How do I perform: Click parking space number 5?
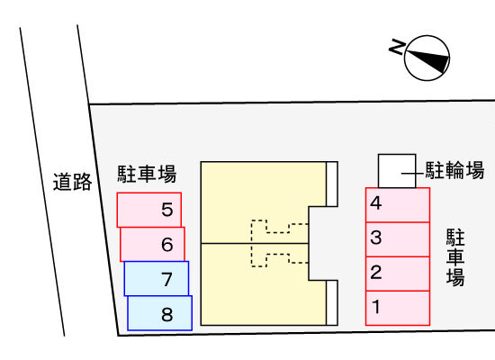(149, 210)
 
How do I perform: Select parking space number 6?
(152, 245)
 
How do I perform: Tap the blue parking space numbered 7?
(157, 278)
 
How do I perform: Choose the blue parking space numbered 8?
(159, 313)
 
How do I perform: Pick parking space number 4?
(398, 205)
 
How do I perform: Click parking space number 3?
(398, 239)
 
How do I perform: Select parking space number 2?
(398, 274)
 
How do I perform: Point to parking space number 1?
(398, 308)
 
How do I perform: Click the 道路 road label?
(72, 182)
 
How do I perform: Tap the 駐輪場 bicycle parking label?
(454, 170)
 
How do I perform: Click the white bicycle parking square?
(397, 171)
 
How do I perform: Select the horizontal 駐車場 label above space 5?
(147, 174)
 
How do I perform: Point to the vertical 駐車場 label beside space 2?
(455, 257)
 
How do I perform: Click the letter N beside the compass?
(397, 47)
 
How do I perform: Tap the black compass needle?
(427, 60)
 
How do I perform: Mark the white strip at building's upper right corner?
(332, 184)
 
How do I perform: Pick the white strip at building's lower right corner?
(332, 302)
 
